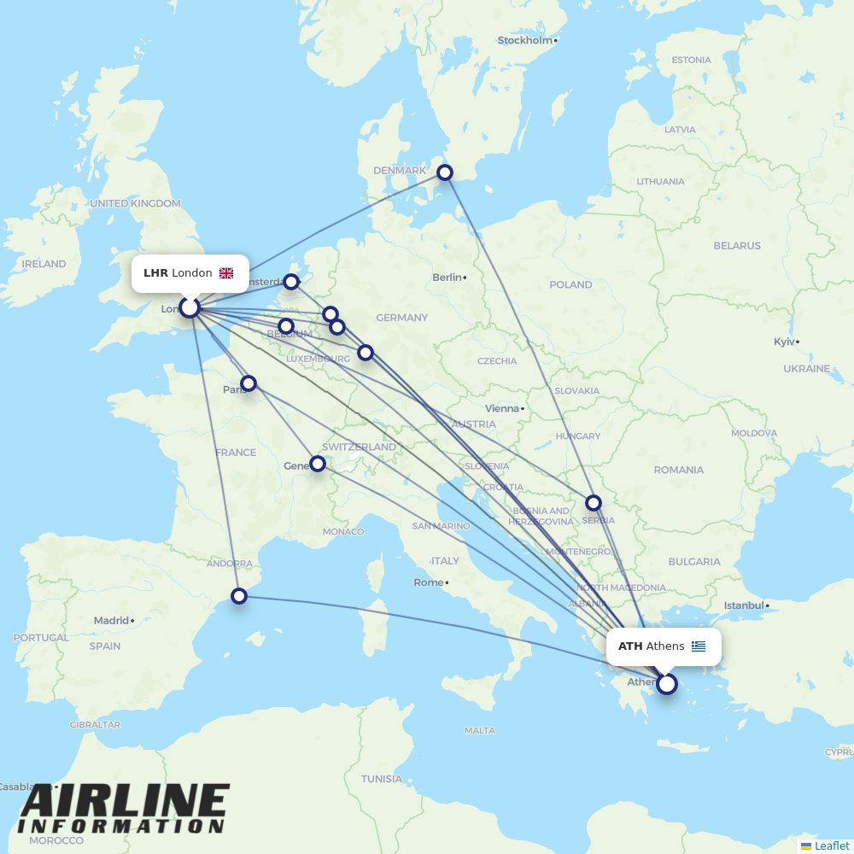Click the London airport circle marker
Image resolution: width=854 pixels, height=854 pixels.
coord(190,307)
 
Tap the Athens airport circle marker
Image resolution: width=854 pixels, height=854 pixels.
coord(667,683)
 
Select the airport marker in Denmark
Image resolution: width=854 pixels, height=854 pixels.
coord(445,173)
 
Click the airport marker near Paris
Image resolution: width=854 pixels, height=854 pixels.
coord(249,383)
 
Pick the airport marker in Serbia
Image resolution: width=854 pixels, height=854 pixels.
coord(594,503)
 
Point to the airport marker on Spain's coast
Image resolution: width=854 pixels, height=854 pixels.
coord(239,596)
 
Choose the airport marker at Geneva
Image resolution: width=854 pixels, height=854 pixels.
coord(318,464)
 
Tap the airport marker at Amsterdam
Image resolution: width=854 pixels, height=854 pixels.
coord(292,281)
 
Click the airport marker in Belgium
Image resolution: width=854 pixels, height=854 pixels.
coord(286,326)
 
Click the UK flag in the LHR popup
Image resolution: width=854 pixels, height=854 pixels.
coord(226,273)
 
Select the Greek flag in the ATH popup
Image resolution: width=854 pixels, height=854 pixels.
coord(699,646)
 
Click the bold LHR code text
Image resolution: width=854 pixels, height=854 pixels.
coord(155,273)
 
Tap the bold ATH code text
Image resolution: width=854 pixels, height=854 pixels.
coord(630,646)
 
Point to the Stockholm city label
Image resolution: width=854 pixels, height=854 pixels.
coord(525,40)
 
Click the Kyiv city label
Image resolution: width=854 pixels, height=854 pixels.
coord(784,342)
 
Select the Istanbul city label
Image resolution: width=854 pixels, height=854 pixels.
coord(743,605)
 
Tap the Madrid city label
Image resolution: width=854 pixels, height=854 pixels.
coord(111,621)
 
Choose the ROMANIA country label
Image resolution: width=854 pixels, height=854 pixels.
coord(679,470)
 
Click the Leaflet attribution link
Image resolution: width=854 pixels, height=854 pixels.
coord(831,845)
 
